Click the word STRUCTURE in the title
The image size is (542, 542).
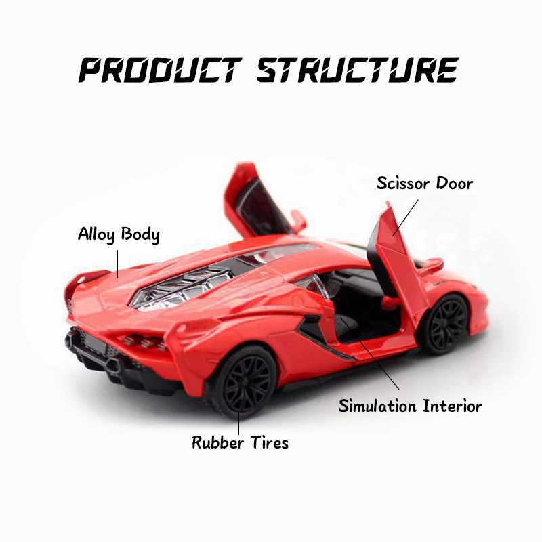click(x=357, y=70)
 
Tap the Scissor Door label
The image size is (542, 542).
click(x=425, y=183)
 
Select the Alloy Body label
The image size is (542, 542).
click(x=119, y=235)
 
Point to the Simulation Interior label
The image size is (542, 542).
click(x=411, y=406)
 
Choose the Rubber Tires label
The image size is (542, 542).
click(x=240, y=443)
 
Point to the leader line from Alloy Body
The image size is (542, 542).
click(x=117, y=263)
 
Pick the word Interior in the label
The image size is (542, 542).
click(x=450, y=406)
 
